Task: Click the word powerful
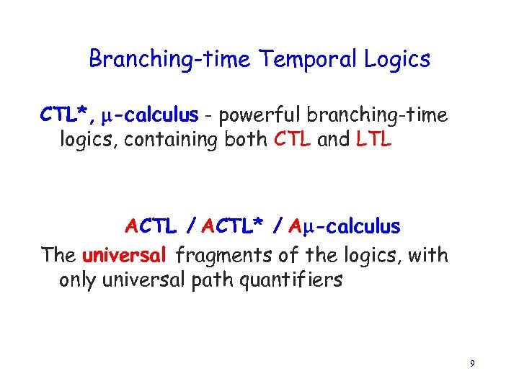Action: click(x=260, y=115)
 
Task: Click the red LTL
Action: click(x=374, y=140)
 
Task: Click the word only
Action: click(x=77, y=280)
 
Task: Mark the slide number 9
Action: click(x=471, y=365)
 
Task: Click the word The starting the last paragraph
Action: click(x=59, y=255)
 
